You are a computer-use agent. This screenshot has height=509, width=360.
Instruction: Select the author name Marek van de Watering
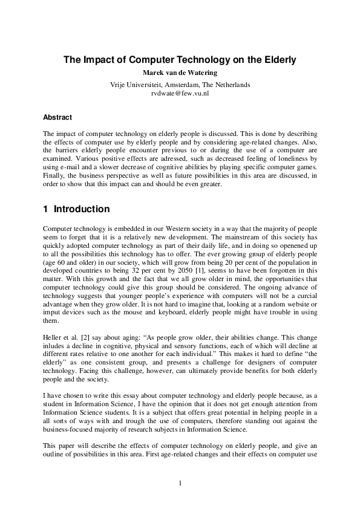tap(180, 74)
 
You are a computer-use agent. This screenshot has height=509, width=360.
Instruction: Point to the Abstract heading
tap(57, 117)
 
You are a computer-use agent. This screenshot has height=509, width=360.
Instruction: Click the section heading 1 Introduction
tap(76, 209)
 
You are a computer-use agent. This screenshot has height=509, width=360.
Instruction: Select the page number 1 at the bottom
tap(180, 482)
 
